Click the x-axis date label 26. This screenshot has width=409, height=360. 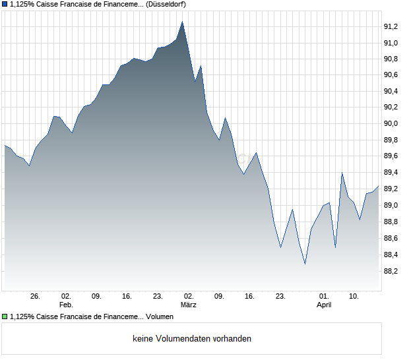(36, 296)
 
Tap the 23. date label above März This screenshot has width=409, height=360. (158, 296)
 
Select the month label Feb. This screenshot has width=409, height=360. (66, 305)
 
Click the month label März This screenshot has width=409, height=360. (189, 305)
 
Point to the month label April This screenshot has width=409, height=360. (324, 305)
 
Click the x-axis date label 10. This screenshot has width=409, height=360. (354, 296)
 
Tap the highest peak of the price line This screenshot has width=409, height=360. (182, 22)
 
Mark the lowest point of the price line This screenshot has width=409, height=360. (305, 264)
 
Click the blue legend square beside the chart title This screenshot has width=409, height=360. (5, 5)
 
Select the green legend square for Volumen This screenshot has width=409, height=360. (5, 316)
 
